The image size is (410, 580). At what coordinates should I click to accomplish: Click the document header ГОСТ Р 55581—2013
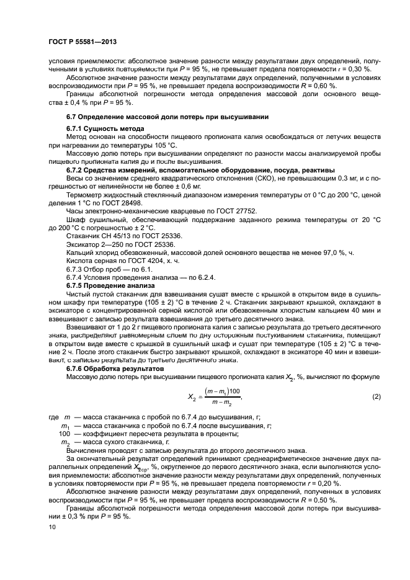(x=82, y=41)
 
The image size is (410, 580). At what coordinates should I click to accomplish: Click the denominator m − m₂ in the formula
(x=220, y=403)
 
